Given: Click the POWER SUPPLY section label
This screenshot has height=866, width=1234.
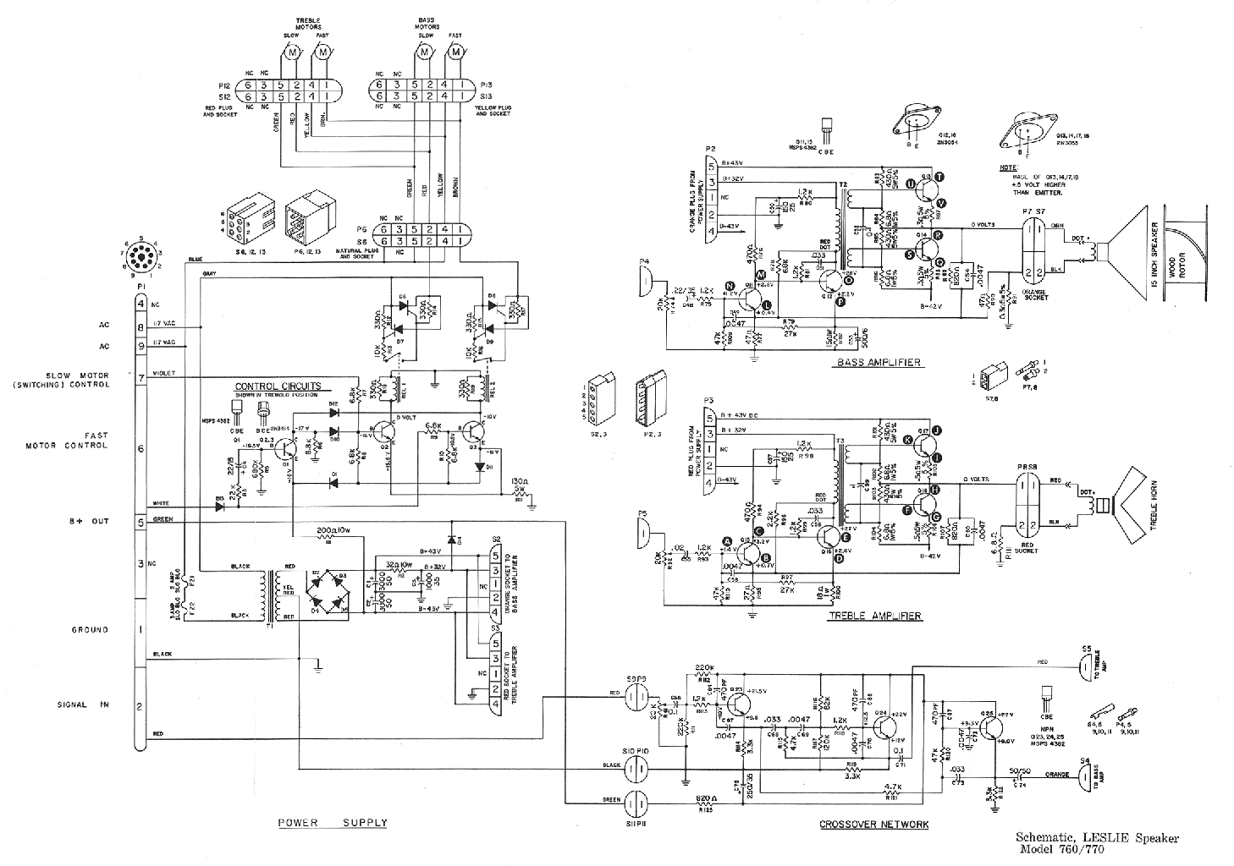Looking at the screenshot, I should pyautogui.click(x=332, y=822).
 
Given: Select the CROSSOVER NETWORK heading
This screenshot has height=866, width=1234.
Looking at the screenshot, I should pyautogui.click(x=874, y=824).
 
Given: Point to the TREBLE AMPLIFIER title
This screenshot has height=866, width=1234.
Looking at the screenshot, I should pyautogui.click(x=874, y=616).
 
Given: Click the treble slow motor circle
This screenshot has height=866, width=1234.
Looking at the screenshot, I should pyautogui.click(x=291, y=53).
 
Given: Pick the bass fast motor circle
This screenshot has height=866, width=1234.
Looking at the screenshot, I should pyautogui.click(x=456, y=53).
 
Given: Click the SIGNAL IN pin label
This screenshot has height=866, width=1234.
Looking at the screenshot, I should pyautogui.click(x=81, y=704).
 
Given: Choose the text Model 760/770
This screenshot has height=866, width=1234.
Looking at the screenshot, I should pyautogui.click(x=1062, y=850).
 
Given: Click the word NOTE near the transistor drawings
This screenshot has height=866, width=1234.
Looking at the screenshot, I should pyautogui.click(x=1009, y=167).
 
